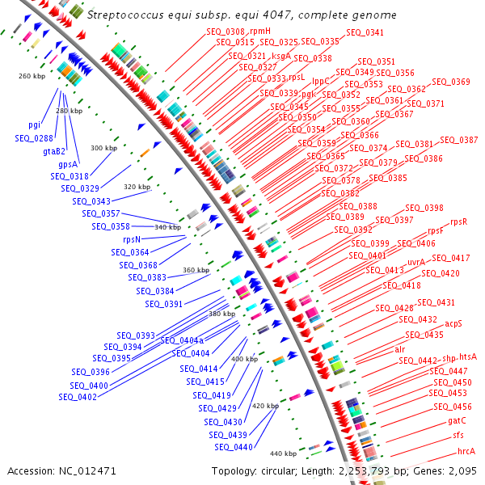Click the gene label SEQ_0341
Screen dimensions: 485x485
[365, 33]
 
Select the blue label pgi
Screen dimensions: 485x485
[34, 124]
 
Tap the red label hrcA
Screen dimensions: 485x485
[466, 451]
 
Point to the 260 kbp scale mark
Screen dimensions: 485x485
[32, 76]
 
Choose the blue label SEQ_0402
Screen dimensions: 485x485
[78, 397]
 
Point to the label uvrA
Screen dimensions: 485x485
[416, 262]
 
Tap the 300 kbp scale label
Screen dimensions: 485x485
[103, 148]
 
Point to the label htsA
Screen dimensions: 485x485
[468, 356]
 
